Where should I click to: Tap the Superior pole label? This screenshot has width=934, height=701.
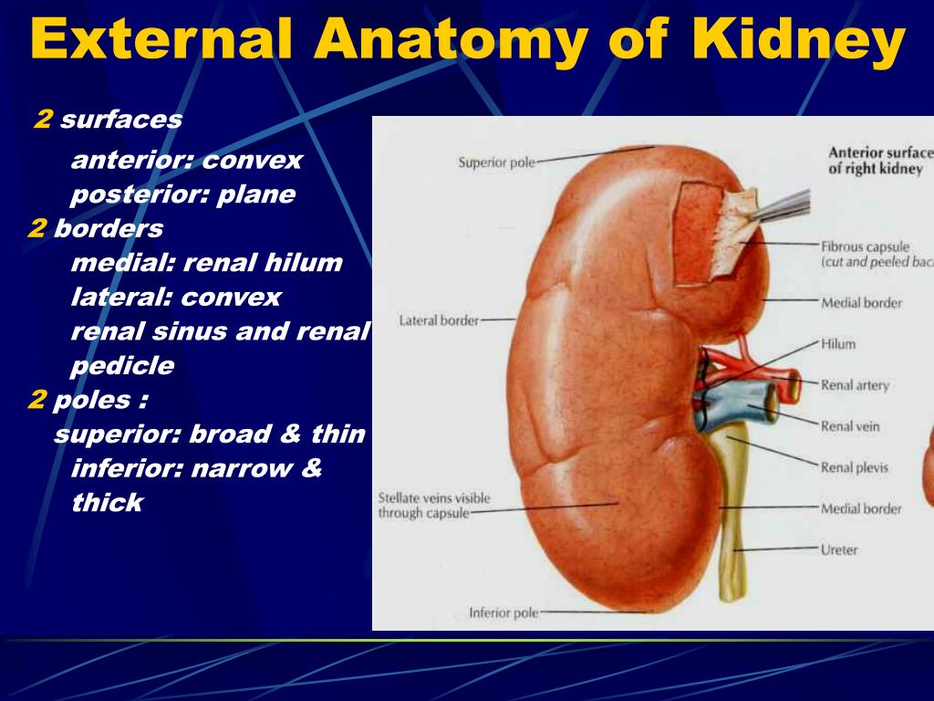(496, 162)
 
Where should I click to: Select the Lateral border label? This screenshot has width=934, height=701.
(439, 320)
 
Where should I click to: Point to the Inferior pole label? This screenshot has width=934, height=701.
(503, 612)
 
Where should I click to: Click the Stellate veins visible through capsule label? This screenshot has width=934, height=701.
(434, 506)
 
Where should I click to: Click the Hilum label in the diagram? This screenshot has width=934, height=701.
(838, 344)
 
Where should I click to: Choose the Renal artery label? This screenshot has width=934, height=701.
(855, 385)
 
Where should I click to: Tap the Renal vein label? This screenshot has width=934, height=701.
(850, 426)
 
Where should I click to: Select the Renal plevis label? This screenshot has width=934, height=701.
(854, 467)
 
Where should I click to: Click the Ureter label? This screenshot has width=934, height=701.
(839, 549)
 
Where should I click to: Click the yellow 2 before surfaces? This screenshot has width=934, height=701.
(43, 120)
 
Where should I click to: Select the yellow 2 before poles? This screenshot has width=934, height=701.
(36, 400)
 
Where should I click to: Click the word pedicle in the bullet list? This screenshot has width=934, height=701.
(122, 366)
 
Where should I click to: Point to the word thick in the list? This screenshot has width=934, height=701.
(108, 502)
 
